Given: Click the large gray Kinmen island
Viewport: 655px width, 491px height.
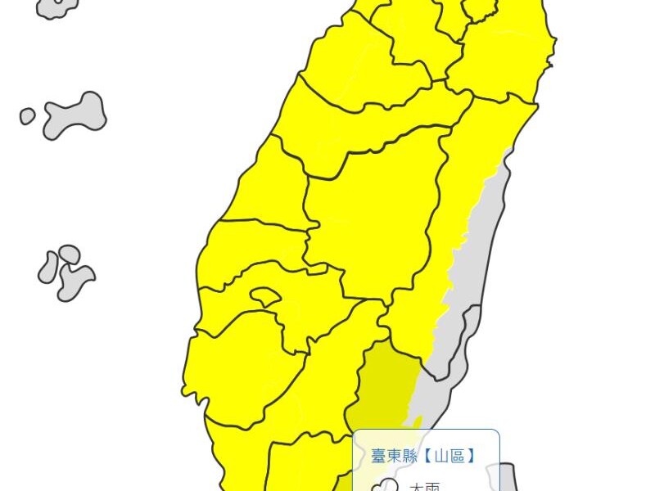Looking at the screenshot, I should [x=78, y=115].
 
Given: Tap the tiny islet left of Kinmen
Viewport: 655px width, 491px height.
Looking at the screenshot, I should [x=27, y=116].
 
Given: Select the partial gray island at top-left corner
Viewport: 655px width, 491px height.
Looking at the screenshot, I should [x=57, y=7].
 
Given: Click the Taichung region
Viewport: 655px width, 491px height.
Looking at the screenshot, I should [x=368, y=123].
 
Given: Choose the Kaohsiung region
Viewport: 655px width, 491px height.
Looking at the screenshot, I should [x=327, y=385].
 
